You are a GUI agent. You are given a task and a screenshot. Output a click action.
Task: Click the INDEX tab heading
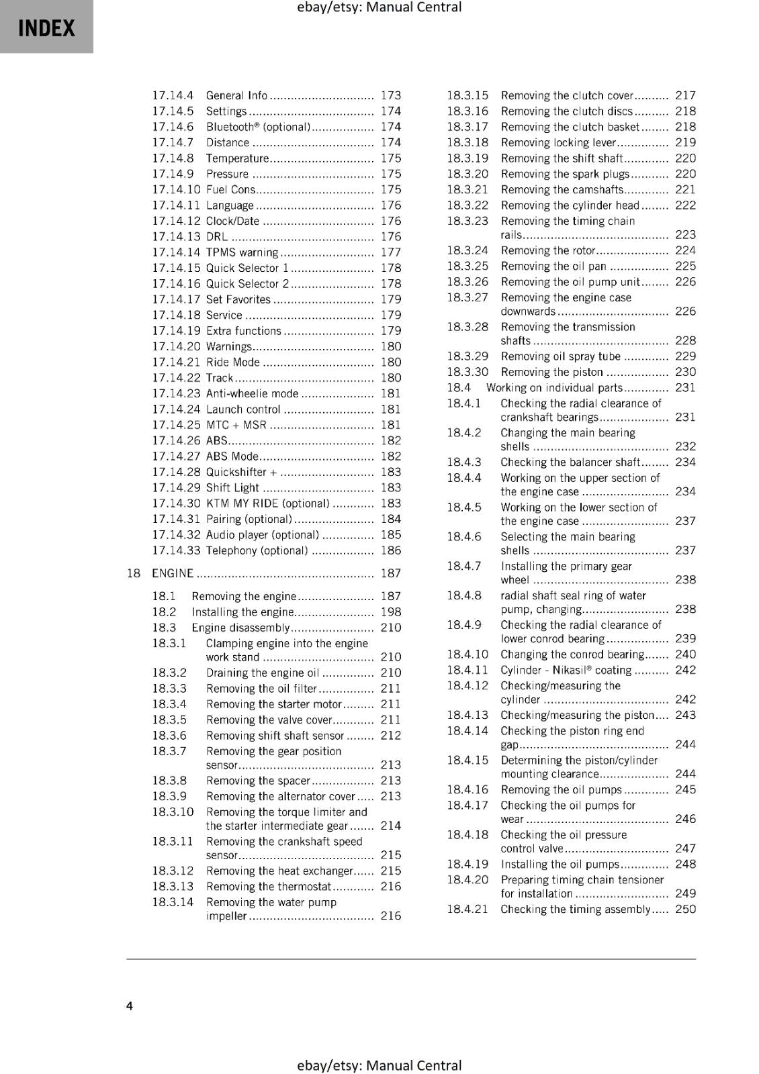tap(46, 28)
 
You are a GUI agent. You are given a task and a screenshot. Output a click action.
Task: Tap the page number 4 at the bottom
tap(130, 1006)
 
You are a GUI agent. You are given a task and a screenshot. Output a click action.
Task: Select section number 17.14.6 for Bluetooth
tap(173, 127)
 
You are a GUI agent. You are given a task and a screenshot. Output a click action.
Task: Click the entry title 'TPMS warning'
tap(242, 252)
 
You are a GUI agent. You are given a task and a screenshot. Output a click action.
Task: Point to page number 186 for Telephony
tap(390, 550)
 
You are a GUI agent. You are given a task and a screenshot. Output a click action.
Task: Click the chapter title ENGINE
tap(173, 573)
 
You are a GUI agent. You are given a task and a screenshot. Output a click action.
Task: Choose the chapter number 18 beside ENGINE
tap(134, 573)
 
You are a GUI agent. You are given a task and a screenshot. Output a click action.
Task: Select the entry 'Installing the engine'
tap(242, 612)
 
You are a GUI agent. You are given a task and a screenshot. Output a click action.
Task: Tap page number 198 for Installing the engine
tap(390, 612)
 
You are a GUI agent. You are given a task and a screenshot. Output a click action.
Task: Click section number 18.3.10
tap(173, 812)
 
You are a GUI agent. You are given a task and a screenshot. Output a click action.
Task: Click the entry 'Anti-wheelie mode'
tap(252, 394)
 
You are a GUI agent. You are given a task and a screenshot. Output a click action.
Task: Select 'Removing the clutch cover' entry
tap(567, 96)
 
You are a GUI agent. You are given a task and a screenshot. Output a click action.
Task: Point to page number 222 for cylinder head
tap(685, 205)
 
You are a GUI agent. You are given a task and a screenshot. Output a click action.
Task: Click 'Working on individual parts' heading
tap(554, 388)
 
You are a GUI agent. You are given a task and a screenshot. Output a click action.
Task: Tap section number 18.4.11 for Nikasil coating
tap(467, 670)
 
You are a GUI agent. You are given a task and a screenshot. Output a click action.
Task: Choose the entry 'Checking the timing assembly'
tap(575, 910)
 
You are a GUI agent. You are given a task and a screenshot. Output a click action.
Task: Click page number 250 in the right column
tap(685, 910)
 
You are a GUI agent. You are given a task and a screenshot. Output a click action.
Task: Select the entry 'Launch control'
tap(243, 409)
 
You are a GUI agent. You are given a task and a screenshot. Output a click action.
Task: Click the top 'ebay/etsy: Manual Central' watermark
tap(379, 7)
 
